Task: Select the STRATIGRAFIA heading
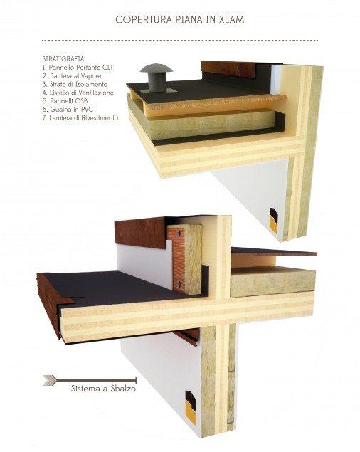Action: click(x=65, y=58)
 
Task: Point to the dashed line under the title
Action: click(x=179, y=39)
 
